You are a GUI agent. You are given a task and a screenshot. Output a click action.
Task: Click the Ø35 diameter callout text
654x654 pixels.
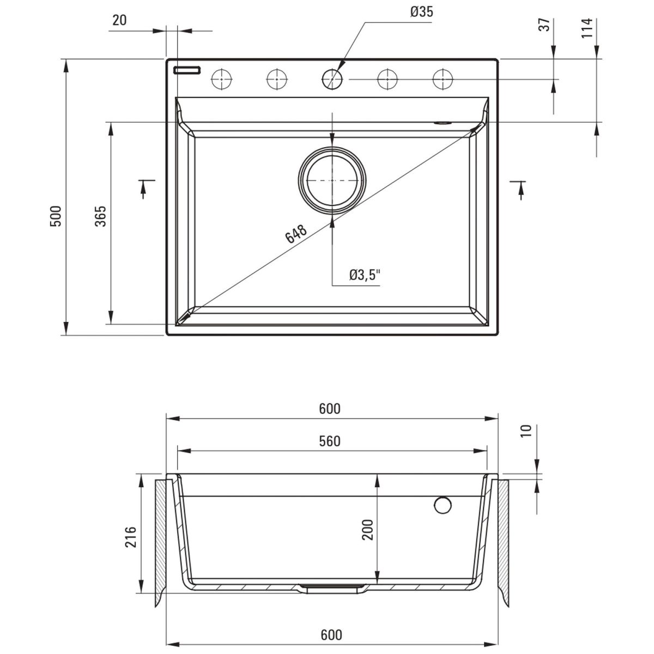point(421,13)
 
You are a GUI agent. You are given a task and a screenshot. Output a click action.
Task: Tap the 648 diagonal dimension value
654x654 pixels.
point(296,233)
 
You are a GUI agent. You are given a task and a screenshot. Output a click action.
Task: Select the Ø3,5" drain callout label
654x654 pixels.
point(365,275)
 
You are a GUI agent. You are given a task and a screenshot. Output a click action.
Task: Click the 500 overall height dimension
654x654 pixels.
point(56,216)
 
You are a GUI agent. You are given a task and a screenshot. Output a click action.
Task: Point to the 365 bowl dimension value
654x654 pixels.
point(100,216)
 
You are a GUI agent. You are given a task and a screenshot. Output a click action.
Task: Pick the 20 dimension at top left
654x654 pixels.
point(119,20)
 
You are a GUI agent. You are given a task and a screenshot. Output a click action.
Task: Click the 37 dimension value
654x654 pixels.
point(544,25)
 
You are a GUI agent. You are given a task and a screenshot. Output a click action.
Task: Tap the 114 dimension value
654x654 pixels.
point(587,28)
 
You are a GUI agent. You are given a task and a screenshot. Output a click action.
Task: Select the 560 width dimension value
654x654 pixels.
point(330,441)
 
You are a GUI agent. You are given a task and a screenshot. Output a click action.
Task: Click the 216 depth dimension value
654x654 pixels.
point(131,537)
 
